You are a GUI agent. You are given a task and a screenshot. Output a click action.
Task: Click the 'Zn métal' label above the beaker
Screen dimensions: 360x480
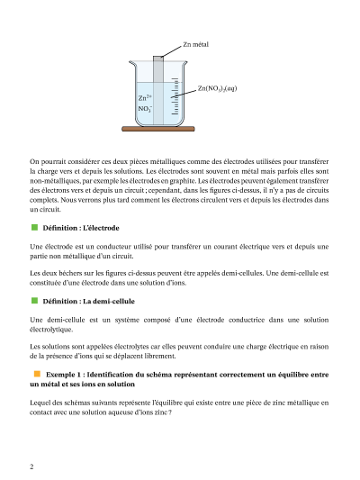coord(196,44)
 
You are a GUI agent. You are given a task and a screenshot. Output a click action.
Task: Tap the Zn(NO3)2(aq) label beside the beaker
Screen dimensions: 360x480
coord(217,88)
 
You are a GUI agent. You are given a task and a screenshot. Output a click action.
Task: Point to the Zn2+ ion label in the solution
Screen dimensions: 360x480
coord(145,97)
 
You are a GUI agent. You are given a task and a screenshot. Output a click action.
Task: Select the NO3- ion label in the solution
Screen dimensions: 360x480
coord(145,108)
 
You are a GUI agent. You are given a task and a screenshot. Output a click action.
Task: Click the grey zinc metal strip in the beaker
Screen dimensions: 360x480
coord(158,90)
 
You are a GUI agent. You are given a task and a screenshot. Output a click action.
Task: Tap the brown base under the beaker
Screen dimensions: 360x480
coord(158,129)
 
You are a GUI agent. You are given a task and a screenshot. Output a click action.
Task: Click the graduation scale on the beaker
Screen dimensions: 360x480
coord(175,96)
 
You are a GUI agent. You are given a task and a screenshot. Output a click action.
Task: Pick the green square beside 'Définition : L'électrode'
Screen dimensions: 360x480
coord(34,227)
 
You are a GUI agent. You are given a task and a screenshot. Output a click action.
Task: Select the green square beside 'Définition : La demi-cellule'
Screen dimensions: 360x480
coord(34,301)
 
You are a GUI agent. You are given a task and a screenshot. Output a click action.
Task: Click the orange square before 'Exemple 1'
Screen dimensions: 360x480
coord(37,374)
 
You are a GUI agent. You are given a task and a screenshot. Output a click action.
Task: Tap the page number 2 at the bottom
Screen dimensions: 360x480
coord(31,466)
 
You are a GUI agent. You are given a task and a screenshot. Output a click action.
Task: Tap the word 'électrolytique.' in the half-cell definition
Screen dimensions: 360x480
coord(51,330)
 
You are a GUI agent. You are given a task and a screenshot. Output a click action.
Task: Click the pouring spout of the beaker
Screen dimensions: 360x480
coord(131,63)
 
